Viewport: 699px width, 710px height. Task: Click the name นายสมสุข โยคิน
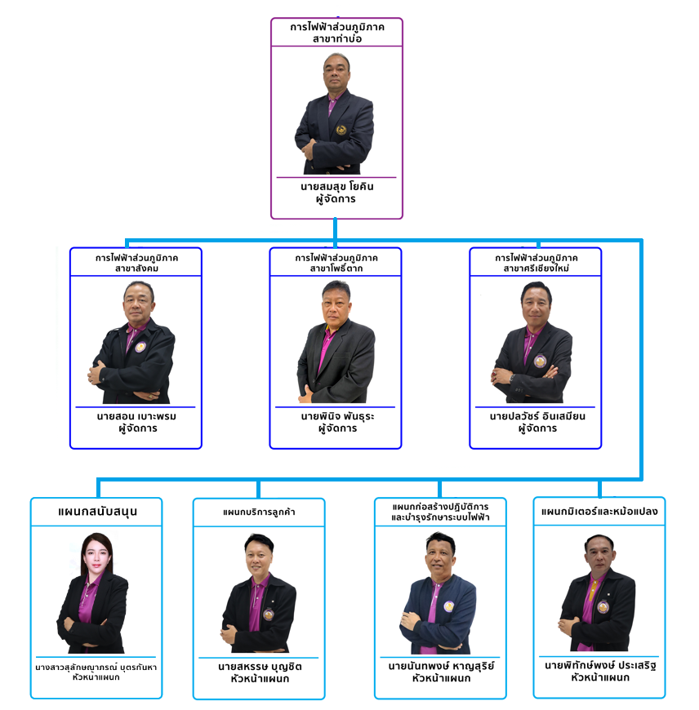(x=336, y=187)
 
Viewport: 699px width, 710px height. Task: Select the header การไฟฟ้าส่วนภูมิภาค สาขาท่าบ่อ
(x=337, y=33)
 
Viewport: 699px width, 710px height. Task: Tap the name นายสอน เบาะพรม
(x=136, y=416)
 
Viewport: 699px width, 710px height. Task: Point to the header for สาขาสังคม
(x=136, y=263)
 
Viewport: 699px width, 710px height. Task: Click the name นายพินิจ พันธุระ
(x=337, y=416)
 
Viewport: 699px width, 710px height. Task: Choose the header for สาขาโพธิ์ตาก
(x=336, y=263)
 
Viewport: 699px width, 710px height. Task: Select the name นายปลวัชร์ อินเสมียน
(x=537, y=416)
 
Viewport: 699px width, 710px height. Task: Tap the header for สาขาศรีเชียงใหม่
(x=536, y=263)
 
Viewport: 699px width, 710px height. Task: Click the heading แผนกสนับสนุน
(x=97, y=512)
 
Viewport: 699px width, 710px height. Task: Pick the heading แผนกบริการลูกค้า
(x=259, y=513)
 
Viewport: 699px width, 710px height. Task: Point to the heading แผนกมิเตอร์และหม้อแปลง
(x=599, y=512)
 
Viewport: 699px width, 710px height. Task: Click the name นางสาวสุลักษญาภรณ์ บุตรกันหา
(x=96, y=667)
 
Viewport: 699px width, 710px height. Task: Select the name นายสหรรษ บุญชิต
(x=260, y=667)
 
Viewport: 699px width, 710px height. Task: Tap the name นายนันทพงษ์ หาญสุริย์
(x=441, y=666)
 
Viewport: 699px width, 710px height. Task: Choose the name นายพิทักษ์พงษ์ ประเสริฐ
(x=600, y=665)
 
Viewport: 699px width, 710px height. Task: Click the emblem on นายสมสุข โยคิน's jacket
(x=341, y=130)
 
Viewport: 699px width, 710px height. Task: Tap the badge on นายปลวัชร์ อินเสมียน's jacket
(x=540, y=361)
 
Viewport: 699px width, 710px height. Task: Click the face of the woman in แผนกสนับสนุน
(x=96, y=556)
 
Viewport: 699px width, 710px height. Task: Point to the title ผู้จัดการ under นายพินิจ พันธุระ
(x=337, y=428)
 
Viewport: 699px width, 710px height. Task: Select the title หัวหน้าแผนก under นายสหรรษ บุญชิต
(x=260, y=679)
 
